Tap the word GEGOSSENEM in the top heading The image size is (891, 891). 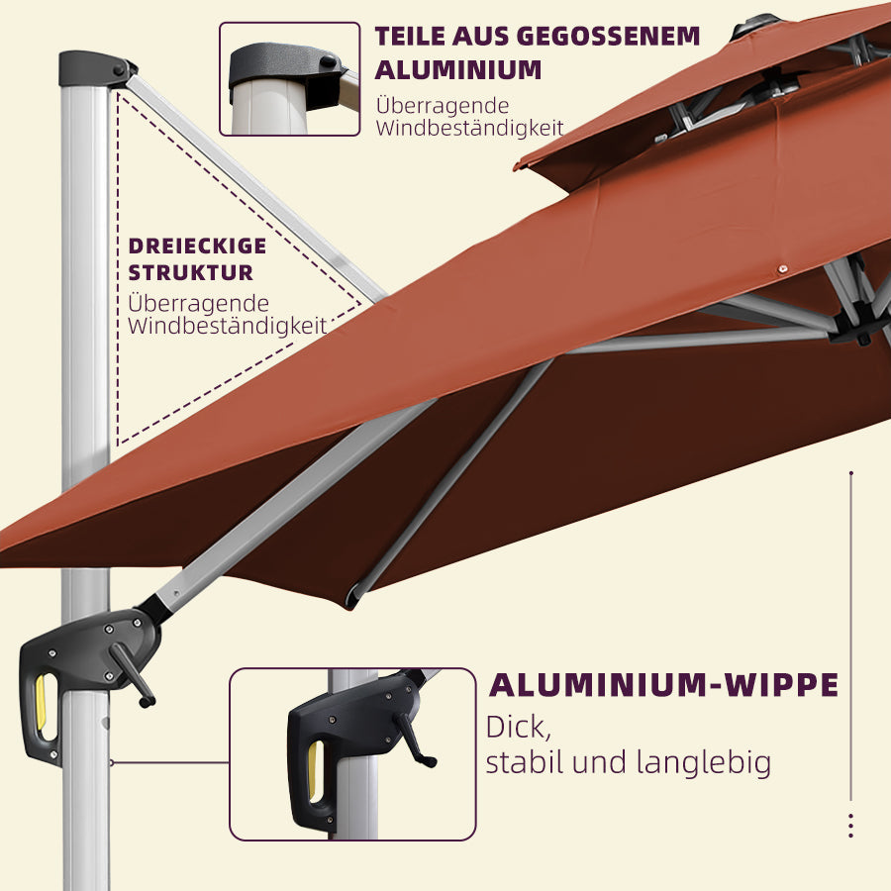pyautogui.click(x=609, y=37)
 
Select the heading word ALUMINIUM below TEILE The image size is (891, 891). pyautogui.click(x=458, y=70)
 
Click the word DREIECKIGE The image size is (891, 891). pyautogui.click(x=197, y=247)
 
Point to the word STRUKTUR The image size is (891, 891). pyautogui.click(x=190, y=273)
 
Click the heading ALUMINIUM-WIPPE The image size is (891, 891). pyautogui.click(x=663, y=685)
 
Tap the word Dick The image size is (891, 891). pyautogui.click(x=518, y=728)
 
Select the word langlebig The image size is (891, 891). pyautogui.click(x=704, y=763)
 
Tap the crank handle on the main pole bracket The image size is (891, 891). pyautogui.click(x=132, y=675)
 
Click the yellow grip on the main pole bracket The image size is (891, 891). pyautogui.click(x=41, y=702)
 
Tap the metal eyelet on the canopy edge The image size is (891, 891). pyautogui.click(x=783, y=268)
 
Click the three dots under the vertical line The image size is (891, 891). pyautogui.click(x=850, y=826)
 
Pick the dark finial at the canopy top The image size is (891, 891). pyautogui.click(x=755, y=25)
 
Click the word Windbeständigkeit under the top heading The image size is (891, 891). pyautogui.click(x=469, y=129)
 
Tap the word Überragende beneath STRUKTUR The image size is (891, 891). pyautogui.click(x=198, y=303)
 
